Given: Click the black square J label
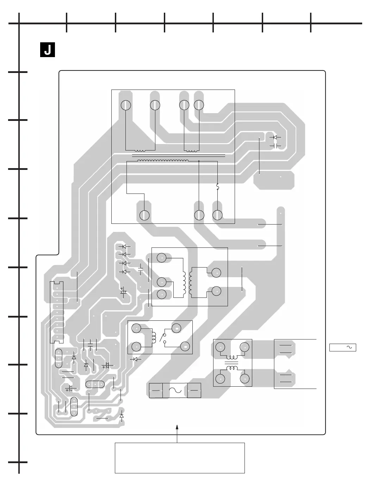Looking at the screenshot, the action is (47, 50).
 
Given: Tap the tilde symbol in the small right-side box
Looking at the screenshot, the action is (349, 348).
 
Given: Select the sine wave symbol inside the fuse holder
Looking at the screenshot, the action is (175, 390).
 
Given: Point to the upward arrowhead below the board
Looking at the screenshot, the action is (177, 428).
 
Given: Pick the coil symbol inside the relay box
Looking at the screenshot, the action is (154, 337).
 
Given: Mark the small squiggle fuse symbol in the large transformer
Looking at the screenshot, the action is (217, 186).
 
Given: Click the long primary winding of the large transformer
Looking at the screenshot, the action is (163, 161).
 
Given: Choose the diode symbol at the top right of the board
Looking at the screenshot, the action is (275, 137).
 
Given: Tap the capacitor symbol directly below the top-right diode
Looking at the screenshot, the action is (275, 146).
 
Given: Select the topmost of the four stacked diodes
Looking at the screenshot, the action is (124, 246).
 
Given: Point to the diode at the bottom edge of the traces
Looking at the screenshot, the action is (122, 416).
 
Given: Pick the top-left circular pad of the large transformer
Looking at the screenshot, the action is (126, 105).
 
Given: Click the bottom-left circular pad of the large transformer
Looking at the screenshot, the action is (144, 215).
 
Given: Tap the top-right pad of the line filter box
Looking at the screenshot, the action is (245, 348).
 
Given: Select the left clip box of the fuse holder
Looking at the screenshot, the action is (156, 390).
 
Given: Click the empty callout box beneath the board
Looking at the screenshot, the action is (180, 458).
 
